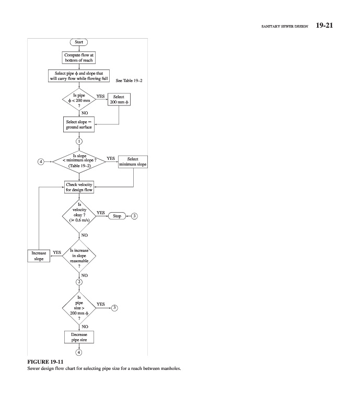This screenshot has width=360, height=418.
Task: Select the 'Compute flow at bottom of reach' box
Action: [79, 57]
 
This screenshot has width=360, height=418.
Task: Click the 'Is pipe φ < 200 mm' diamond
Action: [79, 99]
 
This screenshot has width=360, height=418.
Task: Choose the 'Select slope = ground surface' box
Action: [79, 125]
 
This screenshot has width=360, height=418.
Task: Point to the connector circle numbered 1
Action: [79, 141]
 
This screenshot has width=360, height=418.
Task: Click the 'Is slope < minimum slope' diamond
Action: [79, 161]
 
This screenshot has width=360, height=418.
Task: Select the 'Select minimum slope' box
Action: [133, 161]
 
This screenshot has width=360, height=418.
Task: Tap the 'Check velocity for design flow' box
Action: [79, 187]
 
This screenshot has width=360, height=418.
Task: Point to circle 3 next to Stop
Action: [135, 215]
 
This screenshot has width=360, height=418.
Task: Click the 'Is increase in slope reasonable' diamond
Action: [79, 256]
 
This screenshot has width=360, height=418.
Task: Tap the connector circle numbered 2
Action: [79, 282]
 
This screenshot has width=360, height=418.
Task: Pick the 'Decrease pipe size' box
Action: [79, 337]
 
